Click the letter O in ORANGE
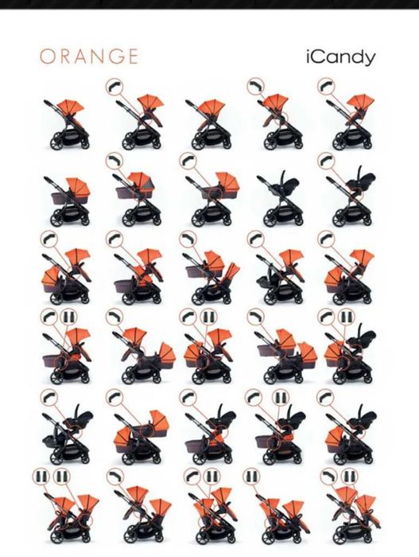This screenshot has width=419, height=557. pyautogui.click(x=47, y=56)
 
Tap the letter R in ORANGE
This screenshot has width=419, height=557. pyautogui.click(x=66, y=56)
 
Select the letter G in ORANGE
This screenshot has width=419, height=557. pyautogui.click(x=116, y=56)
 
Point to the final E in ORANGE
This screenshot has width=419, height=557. pyautogui.click(x=133, y=56)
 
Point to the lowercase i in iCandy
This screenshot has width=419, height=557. pyautogui.click(x=308, y=56)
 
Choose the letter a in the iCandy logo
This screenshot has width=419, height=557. pyautogui.click(x=332, y=59)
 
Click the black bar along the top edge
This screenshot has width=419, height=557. pyautogui.click(x=210, y=4)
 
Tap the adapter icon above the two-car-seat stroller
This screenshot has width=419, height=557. pyautogui.click(x=49, y=397)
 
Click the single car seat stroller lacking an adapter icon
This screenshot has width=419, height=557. pyautogui.click(x=278, y=199)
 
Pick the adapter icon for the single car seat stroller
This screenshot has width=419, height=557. pyautogui.click(x=326, y=161)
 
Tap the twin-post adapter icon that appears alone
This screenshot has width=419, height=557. pyautogui.click(x=251, y=477)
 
